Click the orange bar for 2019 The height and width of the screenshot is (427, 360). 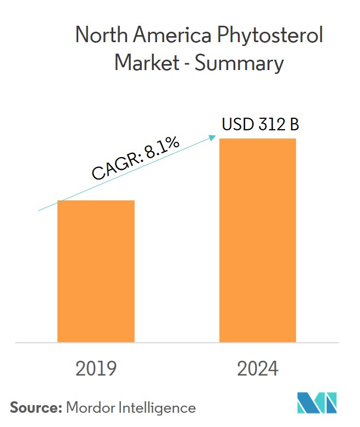[96, 271]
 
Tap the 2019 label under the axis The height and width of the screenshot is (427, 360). [96, 368]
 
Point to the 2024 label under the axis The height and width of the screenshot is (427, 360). [258, 368]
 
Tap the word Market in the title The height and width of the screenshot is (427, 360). [147, 64]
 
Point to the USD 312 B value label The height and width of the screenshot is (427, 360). [260, 125]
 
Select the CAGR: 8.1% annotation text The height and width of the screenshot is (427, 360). [136, 158]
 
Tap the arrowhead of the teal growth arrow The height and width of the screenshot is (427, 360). [214, 137]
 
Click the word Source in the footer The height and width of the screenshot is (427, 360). [34, 407]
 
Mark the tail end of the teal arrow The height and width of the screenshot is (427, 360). [38, 210]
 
